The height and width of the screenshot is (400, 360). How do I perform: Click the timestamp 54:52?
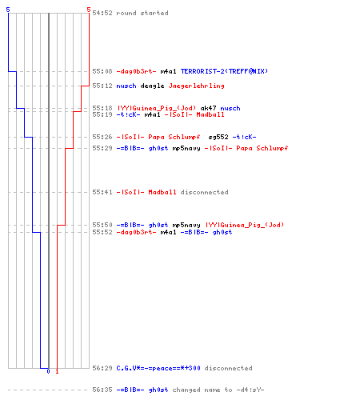[102, 13]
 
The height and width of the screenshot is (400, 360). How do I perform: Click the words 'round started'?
[142, 13]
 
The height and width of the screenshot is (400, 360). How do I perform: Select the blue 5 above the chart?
[8, 10]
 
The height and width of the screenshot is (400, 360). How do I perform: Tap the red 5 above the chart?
[89, 10]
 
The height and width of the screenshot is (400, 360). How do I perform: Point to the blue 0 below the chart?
[48, 371]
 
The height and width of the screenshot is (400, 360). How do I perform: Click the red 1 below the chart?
[57, 371]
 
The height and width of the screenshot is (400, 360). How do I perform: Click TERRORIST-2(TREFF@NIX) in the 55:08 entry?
[224, 71]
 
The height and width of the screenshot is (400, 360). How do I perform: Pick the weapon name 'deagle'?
[152, 86]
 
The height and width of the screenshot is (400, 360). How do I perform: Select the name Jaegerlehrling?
[197, 86]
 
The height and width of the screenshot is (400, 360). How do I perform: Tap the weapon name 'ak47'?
[208, 108]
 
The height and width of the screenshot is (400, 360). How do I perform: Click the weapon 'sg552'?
[218, 137]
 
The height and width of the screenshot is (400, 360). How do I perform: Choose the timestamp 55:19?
[102, 114]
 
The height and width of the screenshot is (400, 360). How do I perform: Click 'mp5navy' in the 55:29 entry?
[186, 148]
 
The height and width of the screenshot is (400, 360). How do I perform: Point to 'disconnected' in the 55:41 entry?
[205, 192]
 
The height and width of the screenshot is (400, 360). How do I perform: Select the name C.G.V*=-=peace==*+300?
[158, 368]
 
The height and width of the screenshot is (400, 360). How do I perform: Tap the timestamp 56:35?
[102, 390]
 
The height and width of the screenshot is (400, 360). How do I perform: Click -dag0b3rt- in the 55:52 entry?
[136, 232]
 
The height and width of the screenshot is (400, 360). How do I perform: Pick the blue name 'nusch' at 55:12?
[126, 86]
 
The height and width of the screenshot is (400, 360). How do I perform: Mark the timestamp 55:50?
[102, 225]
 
